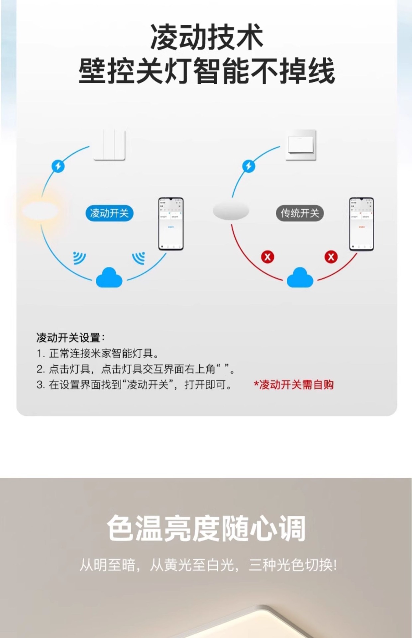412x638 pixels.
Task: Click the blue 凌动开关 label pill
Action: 109,213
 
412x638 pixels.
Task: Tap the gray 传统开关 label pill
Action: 300,213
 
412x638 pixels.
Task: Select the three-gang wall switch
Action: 109,145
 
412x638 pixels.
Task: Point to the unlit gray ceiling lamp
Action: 231,210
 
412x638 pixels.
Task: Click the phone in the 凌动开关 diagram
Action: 171,224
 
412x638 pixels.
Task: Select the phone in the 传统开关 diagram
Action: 361,224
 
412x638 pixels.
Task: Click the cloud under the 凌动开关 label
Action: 109,278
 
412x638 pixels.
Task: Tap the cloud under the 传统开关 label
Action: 300,278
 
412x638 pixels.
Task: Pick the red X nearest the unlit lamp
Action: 267,257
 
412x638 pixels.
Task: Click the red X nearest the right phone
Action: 331,257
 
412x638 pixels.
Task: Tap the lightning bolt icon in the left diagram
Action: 58,166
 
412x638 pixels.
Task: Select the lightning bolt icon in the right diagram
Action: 249,166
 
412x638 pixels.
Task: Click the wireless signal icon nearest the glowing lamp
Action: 79,258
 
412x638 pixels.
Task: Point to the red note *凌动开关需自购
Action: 294,385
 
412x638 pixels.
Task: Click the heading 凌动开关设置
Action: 70,338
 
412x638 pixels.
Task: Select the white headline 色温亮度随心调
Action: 206,528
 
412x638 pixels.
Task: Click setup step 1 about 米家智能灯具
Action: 98,353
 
